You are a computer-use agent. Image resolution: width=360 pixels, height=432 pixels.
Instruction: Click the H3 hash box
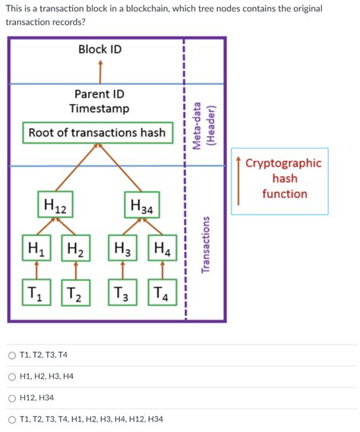pos(122,248)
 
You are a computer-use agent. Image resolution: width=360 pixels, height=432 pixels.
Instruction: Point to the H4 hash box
pos(162,248)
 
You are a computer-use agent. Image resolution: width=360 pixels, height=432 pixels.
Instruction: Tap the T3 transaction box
pos(122,293)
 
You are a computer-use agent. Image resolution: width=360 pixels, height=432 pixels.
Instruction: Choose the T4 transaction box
pos(162,293)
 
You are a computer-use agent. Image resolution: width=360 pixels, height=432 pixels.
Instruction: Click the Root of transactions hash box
pos(96,133)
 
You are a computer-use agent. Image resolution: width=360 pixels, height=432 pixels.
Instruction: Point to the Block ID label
pos(99,49)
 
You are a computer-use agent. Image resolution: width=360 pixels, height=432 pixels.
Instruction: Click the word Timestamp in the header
pos(99,109)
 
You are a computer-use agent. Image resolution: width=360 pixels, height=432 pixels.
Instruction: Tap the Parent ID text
pos(99,93)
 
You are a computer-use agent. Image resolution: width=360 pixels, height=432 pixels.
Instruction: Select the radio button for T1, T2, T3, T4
pos(12,355)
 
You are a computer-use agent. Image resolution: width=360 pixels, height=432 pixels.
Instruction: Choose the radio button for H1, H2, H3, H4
pos(12,376)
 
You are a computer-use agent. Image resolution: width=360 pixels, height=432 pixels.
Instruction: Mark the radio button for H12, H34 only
pos(12,397)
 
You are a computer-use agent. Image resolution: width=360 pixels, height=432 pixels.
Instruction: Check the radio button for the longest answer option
pos(12,418)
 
